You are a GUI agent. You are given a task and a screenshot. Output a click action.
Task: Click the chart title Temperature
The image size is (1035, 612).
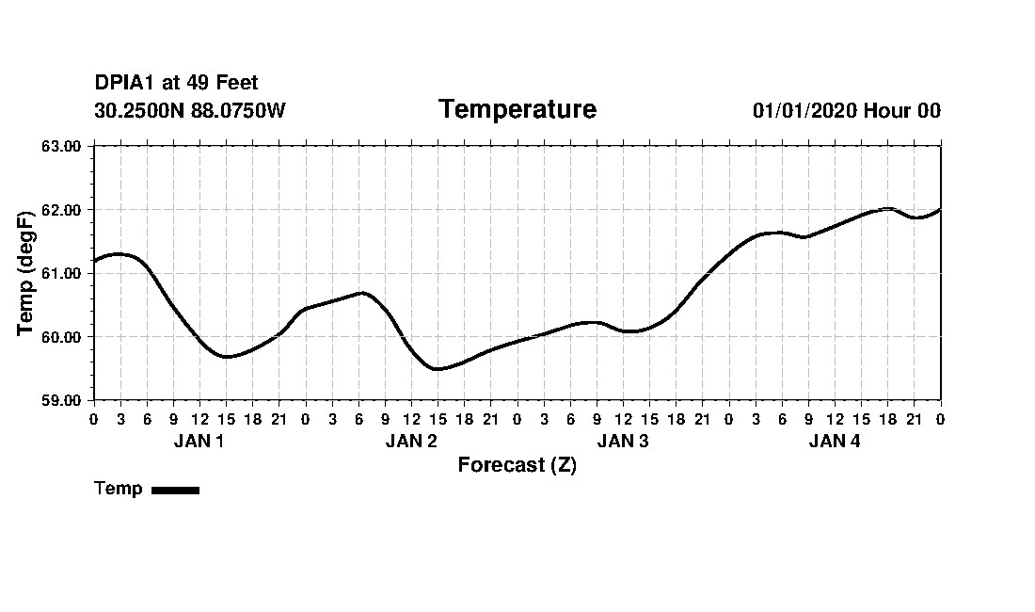(517, 109)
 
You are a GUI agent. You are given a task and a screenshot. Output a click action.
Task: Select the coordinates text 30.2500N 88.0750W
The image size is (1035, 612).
(190, 110)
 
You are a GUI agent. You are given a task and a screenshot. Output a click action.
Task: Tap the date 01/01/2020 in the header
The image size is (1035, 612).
(804, 110)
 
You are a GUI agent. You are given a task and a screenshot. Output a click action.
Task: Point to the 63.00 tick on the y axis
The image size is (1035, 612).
(63, 146)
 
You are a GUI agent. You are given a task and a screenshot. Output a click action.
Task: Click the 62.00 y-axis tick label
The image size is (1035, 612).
(63, 209)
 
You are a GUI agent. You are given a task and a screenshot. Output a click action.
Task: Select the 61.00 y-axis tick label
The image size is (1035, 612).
(63, 273)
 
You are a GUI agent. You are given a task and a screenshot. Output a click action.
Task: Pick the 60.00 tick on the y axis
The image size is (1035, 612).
(63, 336)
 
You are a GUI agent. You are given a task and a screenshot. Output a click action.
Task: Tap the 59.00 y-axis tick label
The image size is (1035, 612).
(63, 400)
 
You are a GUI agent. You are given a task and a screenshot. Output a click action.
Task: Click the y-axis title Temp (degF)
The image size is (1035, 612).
(26, 273)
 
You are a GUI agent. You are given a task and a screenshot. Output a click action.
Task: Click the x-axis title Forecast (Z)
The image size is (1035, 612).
(517, 464)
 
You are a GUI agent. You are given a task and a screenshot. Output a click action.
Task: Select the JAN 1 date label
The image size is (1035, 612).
(199, 441)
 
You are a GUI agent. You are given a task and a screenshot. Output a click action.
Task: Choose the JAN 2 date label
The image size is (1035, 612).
(411, 441)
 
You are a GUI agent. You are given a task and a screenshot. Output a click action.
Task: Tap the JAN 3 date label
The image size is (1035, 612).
(623, 441)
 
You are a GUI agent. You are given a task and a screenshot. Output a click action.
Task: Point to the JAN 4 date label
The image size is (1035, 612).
(835, 441)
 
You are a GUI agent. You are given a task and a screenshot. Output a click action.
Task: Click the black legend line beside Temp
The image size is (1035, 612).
(175, 490)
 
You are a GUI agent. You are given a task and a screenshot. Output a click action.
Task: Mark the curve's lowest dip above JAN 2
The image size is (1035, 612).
(438, 368)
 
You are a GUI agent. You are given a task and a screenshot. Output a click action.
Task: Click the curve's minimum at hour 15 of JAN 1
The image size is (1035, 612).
(226, 356)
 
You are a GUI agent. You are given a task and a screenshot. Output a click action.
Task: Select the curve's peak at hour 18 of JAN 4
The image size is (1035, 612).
(887, 208)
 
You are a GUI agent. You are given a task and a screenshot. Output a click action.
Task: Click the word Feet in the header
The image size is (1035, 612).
(237, 83)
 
